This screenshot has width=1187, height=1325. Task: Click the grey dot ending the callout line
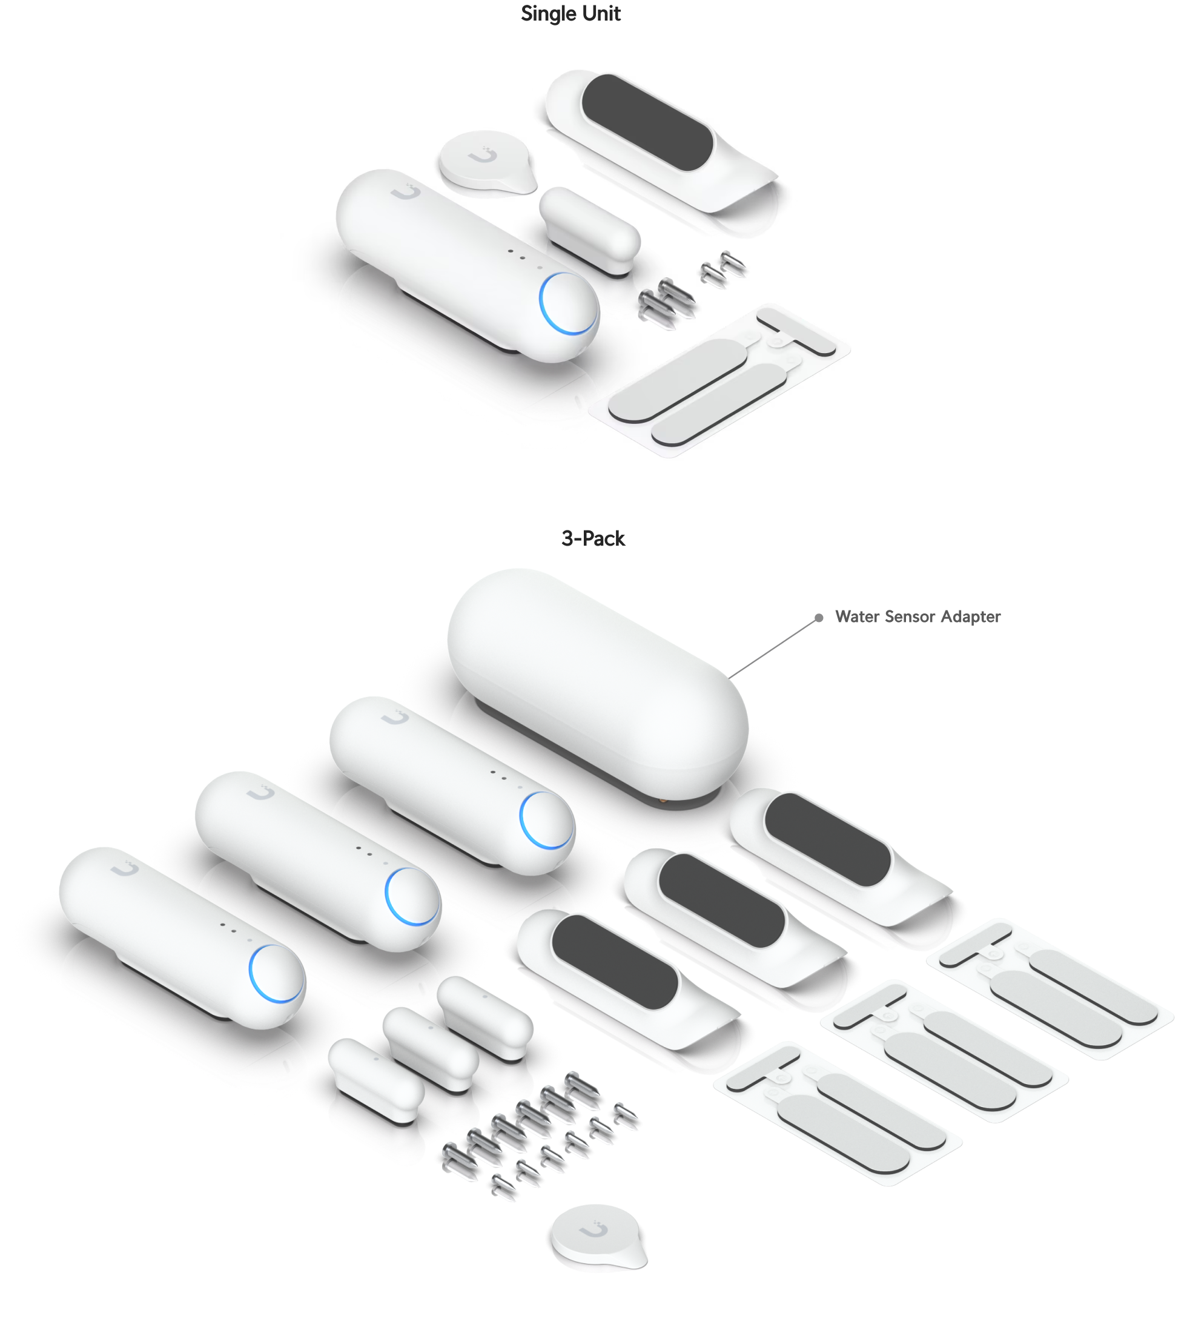click(x=819, y=617)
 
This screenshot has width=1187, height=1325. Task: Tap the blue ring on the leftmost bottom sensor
click(x=277, y=974)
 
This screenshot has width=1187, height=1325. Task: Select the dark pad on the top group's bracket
click(x=646, y=121)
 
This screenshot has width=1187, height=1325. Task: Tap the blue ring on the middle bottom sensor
click(x=412, y=897)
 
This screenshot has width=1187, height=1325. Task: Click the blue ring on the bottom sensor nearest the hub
click(x=546, y=821)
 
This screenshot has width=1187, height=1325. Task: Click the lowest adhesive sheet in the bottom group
click(x=838, y=1113)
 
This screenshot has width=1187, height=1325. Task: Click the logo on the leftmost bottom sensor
click(x=124, y=869)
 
